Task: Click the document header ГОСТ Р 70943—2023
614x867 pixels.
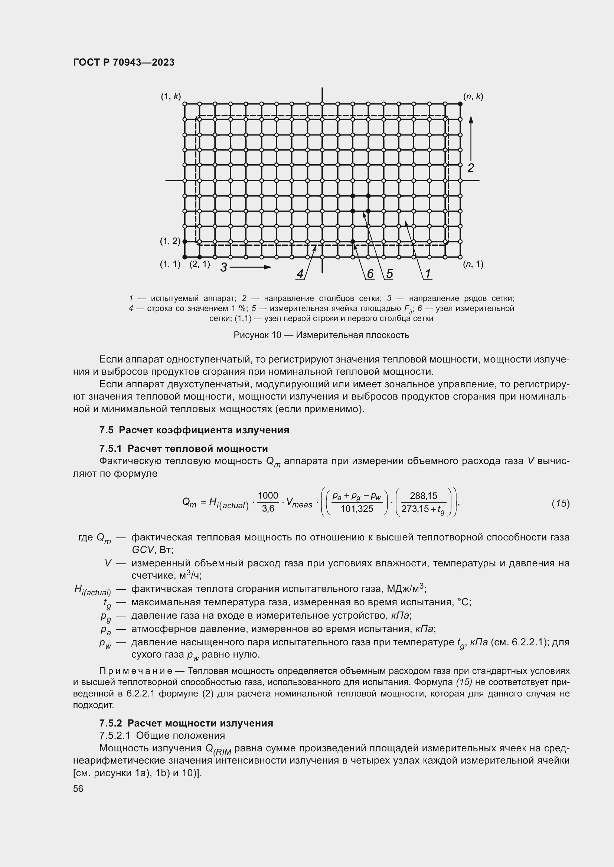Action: [x=124, y=62]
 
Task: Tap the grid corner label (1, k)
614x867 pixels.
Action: [x=171, y=96]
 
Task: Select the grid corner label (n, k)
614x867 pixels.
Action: [x=473, y=96]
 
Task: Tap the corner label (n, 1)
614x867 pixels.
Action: [x=473, y=264]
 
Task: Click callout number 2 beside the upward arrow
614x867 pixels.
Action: [x=470, y=168]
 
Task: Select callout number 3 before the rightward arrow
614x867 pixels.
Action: [x=224, y=267]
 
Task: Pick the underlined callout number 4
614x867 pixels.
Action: [x=300, y=274]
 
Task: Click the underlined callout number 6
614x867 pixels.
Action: [x=370, y=274]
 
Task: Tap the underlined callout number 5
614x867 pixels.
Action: [x=389, y=274]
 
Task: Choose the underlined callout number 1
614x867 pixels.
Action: [x=428, y=274]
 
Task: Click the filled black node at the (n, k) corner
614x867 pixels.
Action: [x=460, y=104]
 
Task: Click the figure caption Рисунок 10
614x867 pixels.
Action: [x=321, y=335]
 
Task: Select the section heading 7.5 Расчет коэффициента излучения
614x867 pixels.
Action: [x=194, y=430]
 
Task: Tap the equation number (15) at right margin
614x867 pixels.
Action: [x=560, y=503]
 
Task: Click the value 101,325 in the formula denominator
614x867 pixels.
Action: [x=356, y=509]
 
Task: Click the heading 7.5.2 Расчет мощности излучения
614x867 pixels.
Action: [x=186, y=723]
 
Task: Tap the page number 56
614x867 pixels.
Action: [x=78, y=788]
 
